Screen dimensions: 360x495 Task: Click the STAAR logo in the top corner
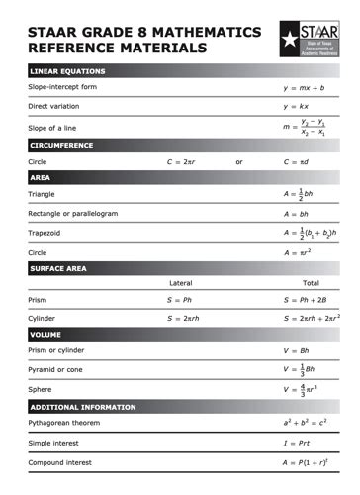307,39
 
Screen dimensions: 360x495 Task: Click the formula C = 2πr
183,160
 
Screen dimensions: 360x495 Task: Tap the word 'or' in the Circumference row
239,160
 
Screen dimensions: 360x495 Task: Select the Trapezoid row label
45,232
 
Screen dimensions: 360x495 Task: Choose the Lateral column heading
181,283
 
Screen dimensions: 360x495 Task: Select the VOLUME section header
45,335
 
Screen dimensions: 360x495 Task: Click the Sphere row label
41,389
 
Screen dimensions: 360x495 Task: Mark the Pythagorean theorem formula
305,424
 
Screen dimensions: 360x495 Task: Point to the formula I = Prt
298,443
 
